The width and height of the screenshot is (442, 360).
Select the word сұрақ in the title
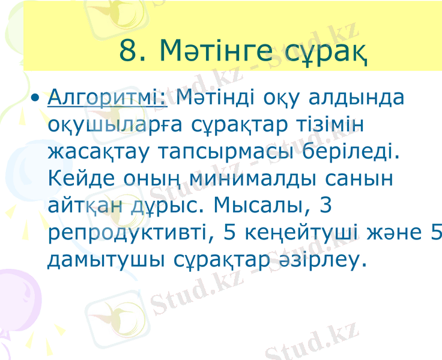pyautogui.click(x=324, y=51)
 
